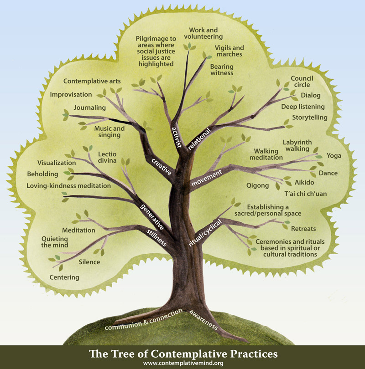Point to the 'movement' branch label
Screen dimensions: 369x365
pyautogui.click(x=207, y=178)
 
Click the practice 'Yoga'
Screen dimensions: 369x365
pyautogui.click(x=331, y=156)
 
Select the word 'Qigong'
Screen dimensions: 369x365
pyautogui.click(x=257, y=185)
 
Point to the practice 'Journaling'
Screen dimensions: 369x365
pyautogui.click(x=91, y=108)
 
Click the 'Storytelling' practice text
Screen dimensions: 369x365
pyautogui.click(x=310, y=118)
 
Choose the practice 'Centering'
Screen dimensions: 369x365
pyautogui.click(x=64, y=277)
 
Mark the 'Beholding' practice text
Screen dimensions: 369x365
pyautogui.click(x=42, y=174)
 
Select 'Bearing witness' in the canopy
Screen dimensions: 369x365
pyautogui.click(x=222, y=70)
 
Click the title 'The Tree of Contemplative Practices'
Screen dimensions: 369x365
pyautogui.click(x=182, y=354)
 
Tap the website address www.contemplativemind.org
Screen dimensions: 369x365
pyautogui.click(x=182, y=363)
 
